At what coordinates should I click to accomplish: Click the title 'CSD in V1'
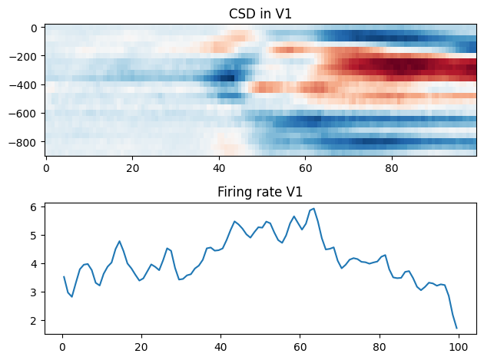(x=260, y=14)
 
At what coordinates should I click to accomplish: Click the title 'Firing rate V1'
(x=260, y=193)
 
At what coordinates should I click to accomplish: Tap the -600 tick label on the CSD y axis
(x=28, y=114)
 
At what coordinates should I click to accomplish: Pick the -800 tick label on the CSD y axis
(x=28, y=142)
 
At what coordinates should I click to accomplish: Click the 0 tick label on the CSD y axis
(x=35, y=28)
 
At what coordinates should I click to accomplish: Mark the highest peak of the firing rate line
(x=313, y=208)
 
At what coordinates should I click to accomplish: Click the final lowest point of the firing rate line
(x=456, y=329)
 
